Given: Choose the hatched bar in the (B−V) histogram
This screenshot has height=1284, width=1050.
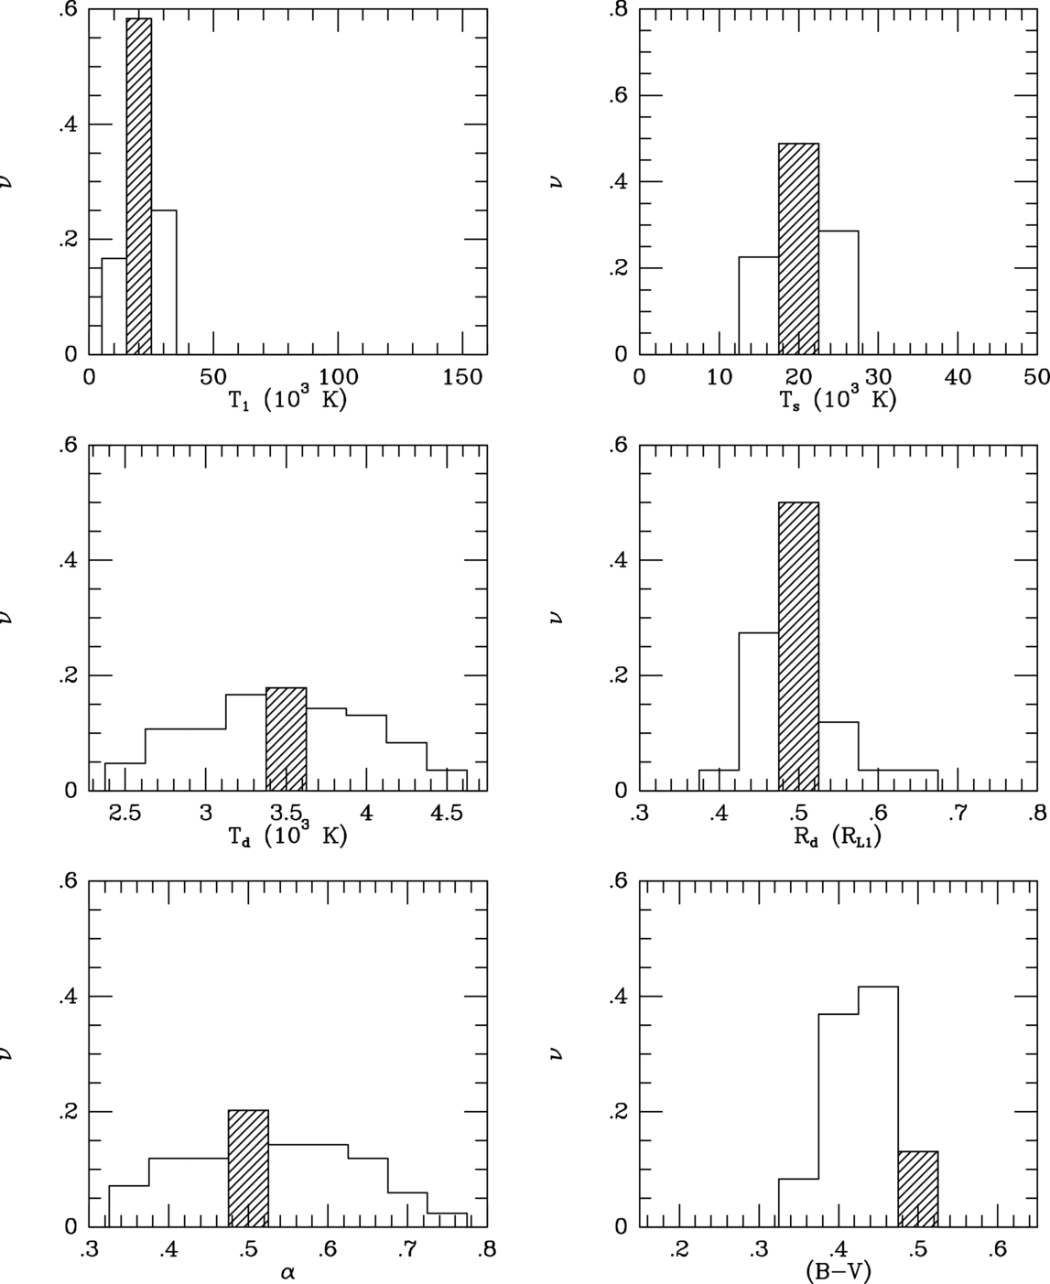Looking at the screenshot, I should [x=918, y=1189].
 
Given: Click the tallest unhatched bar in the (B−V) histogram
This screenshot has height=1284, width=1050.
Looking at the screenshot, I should [x=878, y=1106].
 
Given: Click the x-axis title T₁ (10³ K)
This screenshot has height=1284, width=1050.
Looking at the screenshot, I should [x=287, y=400].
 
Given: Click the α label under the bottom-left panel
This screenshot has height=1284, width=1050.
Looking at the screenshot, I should [x=287, y=1271].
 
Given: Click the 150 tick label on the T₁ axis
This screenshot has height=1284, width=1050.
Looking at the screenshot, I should [x=462, y=376].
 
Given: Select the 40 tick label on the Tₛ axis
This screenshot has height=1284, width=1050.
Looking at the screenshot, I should [x=958, y=376].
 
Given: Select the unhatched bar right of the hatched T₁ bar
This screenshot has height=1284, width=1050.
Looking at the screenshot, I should [x=164, y=283].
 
